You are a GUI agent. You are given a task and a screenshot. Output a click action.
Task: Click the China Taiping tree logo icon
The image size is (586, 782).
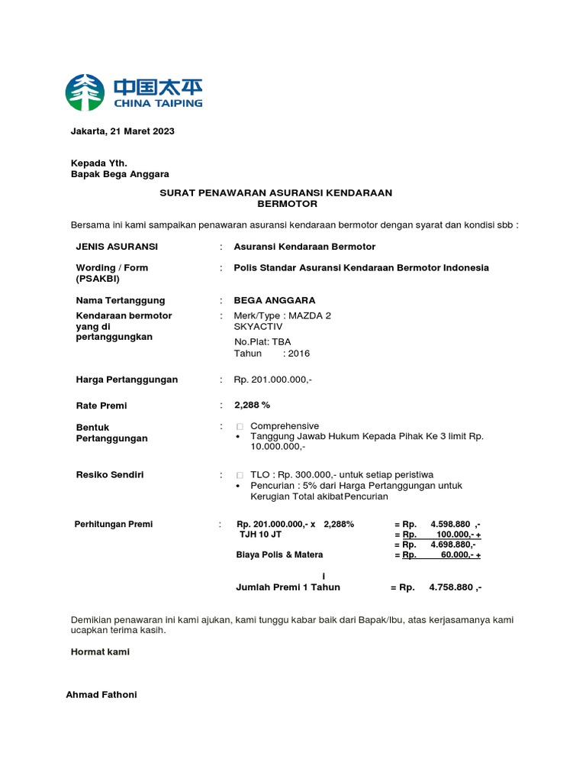[85, 92]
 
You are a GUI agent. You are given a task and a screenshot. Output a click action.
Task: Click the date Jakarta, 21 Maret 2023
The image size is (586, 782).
[122, 131]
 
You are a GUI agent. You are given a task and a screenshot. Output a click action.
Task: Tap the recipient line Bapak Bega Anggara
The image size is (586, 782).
[120, 174]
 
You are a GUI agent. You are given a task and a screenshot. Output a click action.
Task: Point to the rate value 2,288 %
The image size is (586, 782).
[252, 405]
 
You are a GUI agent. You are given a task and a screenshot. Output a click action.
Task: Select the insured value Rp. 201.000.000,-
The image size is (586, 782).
[272, 380]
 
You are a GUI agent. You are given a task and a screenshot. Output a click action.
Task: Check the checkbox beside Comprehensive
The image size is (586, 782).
[240, 426]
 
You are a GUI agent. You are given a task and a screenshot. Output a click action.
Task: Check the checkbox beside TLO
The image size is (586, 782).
[240, 475]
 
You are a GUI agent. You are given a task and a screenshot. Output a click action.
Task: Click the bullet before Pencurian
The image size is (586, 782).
[240, 486]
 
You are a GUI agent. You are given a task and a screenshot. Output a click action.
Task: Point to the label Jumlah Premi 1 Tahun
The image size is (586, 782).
[288, 587]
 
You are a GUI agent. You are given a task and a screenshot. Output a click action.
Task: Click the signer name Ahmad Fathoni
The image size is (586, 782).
[101, 695]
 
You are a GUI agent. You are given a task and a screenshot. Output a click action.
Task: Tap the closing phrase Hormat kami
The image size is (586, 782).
[100, 652]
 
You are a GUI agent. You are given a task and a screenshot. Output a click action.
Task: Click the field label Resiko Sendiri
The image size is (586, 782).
[110, 475]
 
